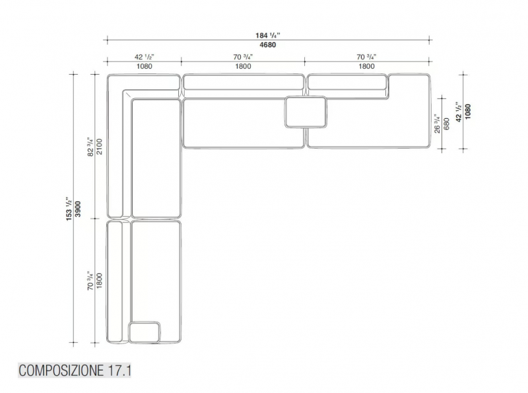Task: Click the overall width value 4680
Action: pyautogui.click(x=268, y=45)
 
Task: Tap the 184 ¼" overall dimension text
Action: pyautogui.click(x=268, y=35)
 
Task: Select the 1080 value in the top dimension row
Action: pyautogui.click(x=144, y=66)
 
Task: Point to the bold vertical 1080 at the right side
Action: pyautogui.click(x=468, y=111)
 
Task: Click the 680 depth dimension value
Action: pyautogui.click(x=447, y=124)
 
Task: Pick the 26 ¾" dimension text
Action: pyautogui.click(x=437, y=124)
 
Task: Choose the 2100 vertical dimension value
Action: pyautogui.click(x=99, y=146)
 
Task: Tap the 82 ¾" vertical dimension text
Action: pyautogui.click(x=90, y=147)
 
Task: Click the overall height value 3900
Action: pyautogui.click(x=78, y=209)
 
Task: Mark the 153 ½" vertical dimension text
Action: pyautogui.click(x=69, y=209)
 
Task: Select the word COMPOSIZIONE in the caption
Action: pyautogui.click(x=61, y=371)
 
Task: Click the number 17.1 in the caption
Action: pyautogui.click(x=119, y=371)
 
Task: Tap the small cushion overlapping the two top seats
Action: pyautogui.click(x=306, y=112)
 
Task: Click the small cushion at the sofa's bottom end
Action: pyautogui.click(x=145, y=332)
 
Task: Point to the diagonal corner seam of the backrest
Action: pyautogui.click(x=127, y=94)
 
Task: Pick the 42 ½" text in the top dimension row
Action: pyautogui.click(x=144, y=57)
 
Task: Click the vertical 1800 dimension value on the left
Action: pyautogui.click(x=99, y=281)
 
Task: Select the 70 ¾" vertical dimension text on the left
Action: pyautogui.click(x=90, y=281)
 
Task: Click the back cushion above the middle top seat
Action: pyautogui.click(x=243, y=82)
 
